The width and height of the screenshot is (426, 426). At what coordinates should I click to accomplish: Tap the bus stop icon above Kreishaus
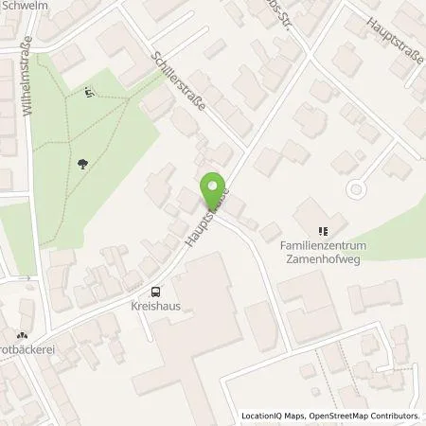(156, 293)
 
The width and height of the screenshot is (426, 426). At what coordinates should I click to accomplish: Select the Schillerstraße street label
(185, 80)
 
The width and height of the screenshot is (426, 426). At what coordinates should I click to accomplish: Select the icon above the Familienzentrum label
(323, 230)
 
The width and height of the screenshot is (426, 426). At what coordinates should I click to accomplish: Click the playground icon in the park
(88, 92)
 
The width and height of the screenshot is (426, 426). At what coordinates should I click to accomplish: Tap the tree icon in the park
(84, 163)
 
